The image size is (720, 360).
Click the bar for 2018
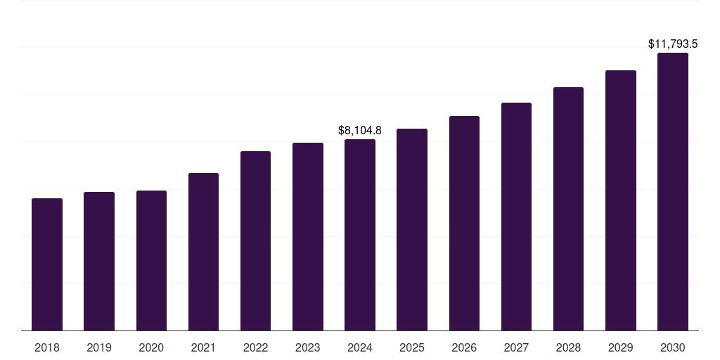point(47,264)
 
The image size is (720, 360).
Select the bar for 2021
point(203,252)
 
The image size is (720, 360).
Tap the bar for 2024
point(360,235)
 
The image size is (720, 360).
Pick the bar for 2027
point(516,217)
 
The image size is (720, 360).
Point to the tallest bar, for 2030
point(673,191)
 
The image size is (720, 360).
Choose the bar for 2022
point(255,240)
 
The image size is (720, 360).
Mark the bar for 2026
point(464,223)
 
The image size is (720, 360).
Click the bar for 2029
point(621,200)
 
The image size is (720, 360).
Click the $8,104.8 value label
point(360,130)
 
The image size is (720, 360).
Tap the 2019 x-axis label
point(99,347)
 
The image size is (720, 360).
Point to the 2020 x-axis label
point(151,347)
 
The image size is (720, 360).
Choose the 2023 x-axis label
point(308,347)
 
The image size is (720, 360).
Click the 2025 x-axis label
point(412,347)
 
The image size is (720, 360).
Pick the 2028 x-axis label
point(568,347)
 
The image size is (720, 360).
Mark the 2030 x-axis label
point(673,347)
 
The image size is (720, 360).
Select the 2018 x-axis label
point(47,347)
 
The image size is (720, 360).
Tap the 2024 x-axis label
point(360,347)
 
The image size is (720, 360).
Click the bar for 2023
point(308,236)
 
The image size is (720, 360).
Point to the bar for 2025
point(412,229)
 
